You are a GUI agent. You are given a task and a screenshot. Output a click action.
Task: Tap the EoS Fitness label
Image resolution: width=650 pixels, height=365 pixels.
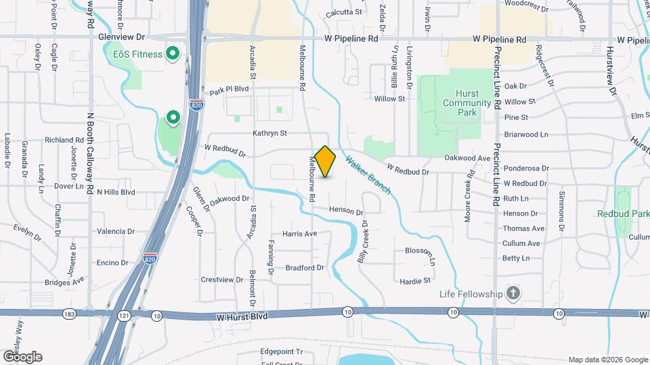point(138,53)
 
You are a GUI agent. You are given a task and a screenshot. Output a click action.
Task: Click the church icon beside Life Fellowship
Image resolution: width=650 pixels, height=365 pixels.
point(514,293)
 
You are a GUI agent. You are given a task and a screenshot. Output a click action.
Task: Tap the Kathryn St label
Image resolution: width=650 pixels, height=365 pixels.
point(270,134)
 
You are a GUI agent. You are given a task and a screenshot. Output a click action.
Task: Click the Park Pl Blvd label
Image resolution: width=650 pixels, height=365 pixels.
point(230,89)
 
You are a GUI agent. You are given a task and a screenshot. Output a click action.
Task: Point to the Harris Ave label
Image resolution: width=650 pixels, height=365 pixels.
point(300,234)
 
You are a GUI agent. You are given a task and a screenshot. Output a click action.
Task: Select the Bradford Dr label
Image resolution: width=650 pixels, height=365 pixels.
point(305,268)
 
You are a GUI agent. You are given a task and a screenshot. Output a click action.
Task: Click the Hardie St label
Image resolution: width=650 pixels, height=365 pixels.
point(415,280)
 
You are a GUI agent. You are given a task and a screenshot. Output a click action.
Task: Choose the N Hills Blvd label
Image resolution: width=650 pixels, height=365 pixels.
point(116,192)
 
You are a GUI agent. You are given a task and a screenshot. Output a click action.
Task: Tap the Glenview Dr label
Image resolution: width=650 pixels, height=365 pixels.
point(122,38)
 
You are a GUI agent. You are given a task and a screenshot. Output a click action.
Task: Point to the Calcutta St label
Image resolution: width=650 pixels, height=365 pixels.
point(344,12)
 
